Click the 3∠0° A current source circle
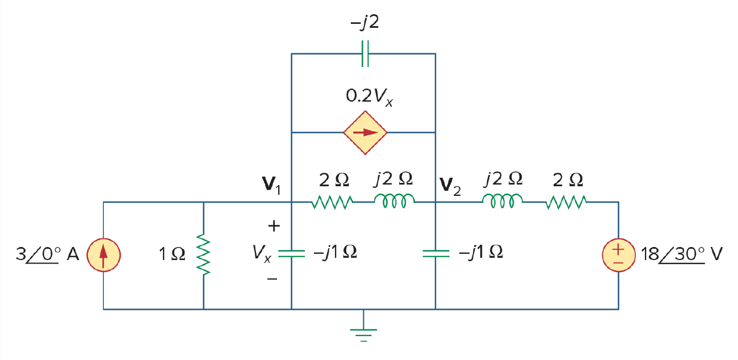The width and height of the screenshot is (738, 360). pyautogui.click(x=104, y=255)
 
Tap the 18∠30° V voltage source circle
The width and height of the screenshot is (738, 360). pyautogui.click(x=618, y=255)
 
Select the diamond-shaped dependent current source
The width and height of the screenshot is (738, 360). pyautogui.click(x=365, y=132)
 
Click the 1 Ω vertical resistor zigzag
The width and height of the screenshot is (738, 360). pyautogui.click(x=203, y=254)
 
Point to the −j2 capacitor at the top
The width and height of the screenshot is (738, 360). pyautogui.click(x=365, y=53)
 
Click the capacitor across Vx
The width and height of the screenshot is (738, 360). pyautogui.click(x=292, y=253)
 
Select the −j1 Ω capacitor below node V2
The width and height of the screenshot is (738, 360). pyautogui.click(x=435, y=253)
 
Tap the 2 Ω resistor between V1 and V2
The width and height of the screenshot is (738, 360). pyautogui.click(x=332, y=202)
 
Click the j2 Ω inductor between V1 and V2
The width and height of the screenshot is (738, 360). pyautogui.click(x=395, y=201)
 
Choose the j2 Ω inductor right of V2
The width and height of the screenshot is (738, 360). pyautogui.click(x=502, y=201)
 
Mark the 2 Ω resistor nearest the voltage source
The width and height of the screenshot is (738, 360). pyautogui.click(x=566, y=202)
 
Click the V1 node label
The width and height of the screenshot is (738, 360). pyautogui.click(x=271, y=185)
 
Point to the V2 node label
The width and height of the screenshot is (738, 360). pyautogui.click(x=450, y=186)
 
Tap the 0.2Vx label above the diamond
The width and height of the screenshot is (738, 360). pyautogui.click(x=370, y=97)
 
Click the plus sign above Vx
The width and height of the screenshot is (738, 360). pyautogui.click(x=274, y=226)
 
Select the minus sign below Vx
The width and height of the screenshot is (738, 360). pyautogui.click(x=272, y=279)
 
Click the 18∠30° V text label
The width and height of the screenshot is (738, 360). pyautogui.click(x=682, y=254)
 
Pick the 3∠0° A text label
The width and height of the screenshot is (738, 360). pyautogui.click(x=48, y=254)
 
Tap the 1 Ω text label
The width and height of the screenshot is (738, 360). pyautogui.click(x=172, y=254)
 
